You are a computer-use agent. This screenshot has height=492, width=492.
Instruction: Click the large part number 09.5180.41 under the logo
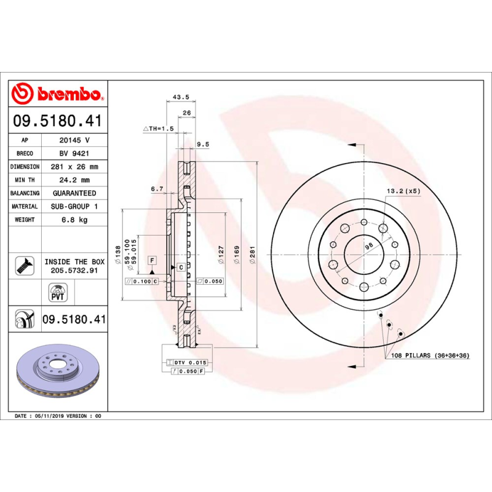pos(57,121)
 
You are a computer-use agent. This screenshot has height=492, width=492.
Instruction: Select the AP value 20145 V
pos(74,140)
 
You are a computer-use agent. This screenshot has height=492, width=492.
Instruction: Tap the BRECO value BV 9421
pos(74,153)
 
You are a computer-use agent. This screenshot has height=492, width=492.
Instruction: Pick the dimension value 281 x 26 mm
pos(74,167)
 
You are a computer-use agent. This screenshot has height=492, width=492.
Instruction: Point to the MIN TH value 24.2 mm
pos(74,180)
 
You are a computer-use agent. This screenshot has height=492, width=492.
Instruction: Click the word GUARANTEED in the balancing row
pos(74,193)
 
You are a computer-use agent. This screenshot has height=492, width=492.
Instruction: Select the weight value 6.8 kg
pos(74,220)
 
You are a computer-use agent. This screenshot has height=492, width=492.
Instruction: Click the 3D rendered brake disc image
pos(57,373)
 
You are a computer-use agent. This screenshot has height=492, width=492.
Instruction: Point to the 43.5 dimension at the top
pos(180,97)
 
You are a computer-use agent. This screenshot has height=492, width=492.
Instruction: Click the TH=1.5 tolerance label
pos(159,129)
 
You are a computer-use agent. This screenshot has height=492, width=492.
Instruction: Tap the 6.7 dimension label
pos(157,189)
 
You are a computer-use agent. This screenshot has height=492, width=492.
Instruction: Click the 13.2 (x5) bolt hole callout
pos(403,191)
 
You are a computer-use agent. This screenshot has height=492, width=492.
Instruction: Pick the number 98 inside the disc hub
pos(369,246)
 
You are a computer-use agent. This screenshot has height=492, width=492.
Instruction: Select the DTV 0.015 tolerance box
pos(191,363)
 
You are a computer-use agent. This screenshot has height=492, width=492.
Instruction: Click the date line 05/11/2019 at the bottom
pos(57,416)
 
